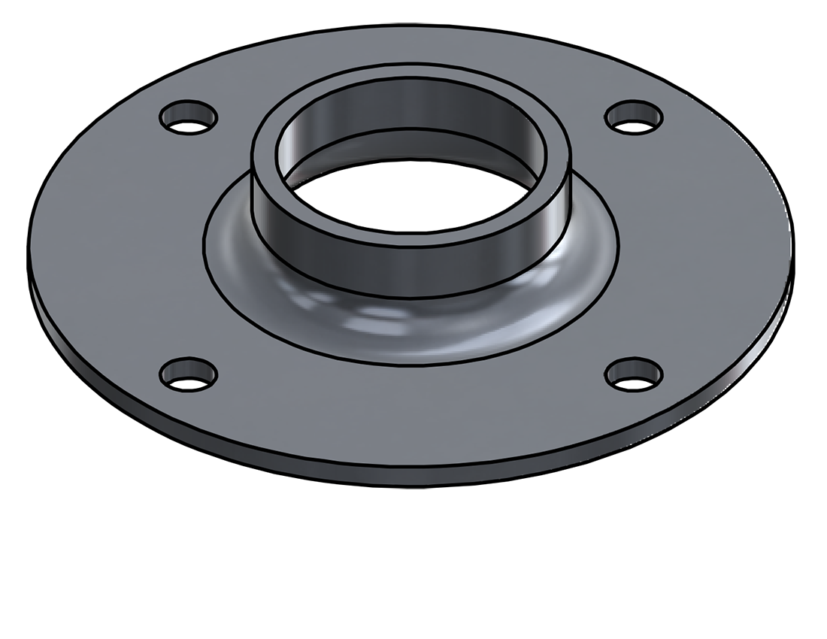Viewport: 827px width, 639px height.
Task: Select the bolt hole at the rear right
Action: [x=635, y=117]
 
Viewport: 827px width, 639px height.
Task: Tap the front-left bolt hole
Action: [x=189, y=374]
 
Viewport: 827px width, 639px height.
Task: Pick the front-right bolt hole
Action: [x=634, y=374]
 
